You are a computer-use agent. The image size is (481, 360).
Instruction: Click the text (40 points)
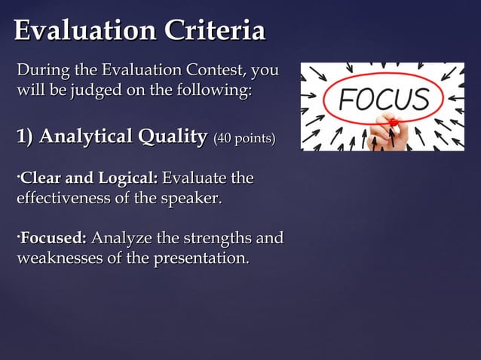point(244,139)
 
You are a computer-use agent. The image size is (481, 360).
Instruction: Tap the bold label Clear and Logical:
point(88,178)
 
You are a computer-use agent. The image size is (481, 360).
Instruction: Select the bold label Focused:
point(54,239)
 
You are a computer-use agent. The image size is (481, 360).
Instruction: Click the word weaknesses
point(63,259)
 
